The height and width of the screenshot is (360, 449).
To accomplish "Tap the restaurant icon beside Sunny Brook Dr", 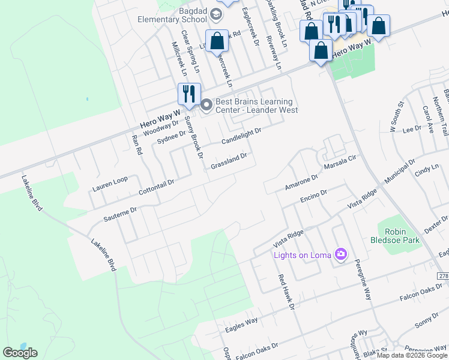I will tap(188, 94).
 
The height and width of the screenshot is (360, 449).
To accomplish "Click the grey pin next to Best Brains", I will tap(206, 106).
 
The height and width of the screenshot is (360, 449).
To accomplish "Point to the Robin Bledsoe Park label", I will tap(399, 236).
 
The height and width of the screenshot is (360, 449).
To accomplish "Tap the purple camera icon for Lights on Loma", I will tap(342, 255).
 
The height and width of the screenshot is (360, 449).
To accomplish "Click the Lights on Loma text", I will tap(303, 256).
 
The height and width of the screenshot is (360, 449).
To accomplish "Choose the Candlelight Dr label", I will tap(241, 136).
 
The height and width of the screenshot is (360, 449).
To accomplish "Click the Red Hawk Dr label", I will tap(287, 292).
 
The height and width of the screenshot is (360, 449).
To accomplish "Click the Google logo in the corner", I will tap(20, 353).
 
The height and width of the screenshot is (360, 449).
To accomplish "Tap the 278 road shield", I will tap(443, 275).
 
